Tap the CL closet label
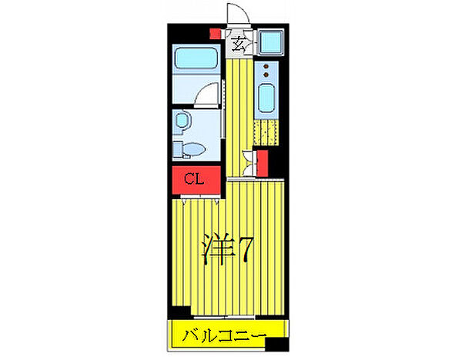(194, 180)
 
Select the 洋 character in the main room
(216, 248)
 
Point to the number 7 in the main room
(246, 248)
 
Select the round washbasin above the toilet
(183, 120)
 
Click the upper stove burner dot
(266, 67)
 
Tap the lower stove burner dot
(266, 77)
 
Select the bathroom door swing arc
(206, 95)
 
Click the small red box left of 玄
(216, 33)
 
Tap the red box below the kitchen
(262, 163)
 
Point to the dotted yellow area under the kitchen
(265, 133)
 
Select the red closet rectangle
(194, 181)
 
